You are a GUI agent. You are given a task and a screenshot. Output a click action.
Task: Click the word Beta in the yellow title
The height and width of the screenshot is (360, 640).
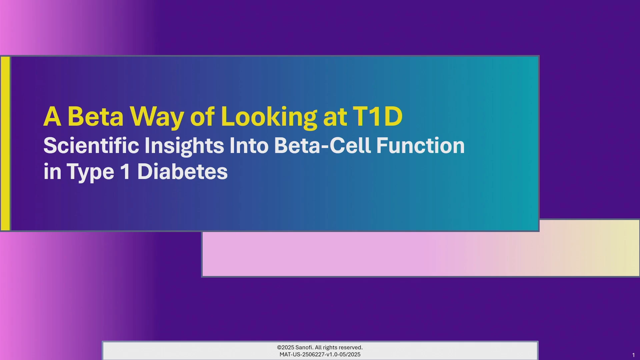pos(95,116)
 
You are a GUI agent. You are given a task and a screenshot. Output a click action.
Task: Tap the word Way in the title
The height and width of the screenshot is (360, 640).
pos(157,118)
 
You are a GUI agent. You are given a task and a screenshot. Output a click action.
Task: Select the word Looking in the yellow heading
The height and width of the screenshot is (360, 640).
pos(269,117)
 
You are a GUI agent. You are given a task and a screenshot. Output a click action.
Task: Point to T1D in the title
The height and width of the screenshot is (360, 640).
pos(378,116)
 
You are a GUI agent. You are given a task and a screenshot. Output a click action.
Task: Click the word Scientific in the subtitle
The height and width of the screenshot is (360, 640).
pos(91,145)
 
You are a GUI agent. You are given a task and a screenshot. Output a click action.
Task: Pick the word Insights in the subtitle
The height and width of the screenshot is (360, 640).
pos(184,146)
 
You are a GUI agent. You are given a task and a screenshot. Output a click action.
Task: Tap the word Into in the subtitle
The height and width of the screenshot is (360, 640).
pos(249,145)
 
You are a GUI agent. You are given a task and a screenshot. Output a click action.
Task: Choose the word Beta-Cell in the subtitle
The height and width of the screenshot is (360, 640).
pos(323,145)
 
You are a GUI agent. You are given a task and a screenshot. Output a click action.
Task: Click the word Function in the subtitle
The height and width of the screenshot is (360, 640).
pos(420,145)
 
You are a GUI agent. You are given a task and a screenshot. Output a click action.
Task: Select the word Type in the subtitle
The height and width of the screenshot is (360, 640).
pos(90,173)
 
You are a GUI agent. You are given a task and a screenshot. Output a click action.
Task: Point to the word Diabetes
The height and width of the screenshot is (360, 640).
pos(182,171)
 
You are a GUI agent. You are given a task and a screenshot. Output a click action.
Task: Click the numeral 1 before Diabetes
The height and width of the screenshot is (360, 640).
pos(125,171)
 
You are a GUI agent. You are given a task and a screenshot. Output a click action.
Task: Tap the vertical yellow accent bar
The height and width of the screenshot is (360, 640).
pos(5,143)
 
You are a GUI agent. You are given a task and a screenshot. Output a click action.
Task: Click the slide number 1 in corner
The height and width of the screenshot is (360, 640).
pos(633,355)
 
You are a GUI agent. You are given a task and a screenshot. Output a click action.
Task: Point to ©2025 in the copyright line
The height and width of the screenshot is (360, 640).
pos(285,347)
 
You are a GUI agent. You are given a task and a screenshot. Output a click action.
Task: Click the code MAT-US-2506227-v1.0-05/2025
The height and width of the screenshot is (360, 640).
pos(320,354)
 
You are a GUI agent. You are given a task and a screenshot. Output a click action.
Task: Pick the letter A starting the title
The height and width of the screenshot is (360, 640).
pos(53,116)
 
